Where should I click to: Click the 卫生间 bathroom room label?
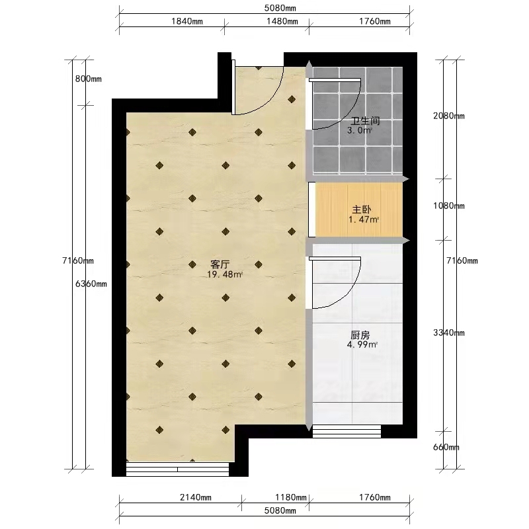pos(366,121)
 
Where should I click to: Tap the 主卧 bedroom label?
pos(362,210)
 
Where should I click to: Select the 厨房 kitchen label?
pos(360,335)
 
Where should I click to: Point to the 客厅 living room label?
pos(220,264)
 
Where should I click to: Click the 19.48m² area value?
pos(225,274)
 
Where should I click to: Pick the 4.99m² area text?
pos(362,345)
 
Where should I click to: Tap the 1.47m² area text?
pos(363,220)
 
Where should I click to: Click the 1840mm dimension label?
pos(187,21)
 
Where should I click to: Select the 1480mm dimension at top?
pos(282,21)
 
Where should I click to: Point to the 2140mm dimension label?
pos(195,497)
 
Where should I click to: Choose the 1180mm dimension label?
pos(291,497)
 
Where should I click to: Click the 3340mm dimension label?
pos(449,333)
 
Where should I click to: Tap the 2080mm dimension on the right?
pos(449,116)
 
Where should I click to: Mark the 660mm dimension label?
pos(446,448)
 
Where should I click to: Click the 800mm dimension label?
pos(89,79)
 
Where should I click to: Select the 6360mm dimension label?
pos(91,284)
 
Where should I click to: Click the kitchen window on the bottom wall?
pos(346,431)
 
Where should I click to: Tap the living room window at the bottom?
pos(177,469)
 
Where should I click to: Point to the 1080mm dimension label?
pos(449,206)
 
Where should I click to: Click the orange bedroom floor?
pos(359,210)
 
